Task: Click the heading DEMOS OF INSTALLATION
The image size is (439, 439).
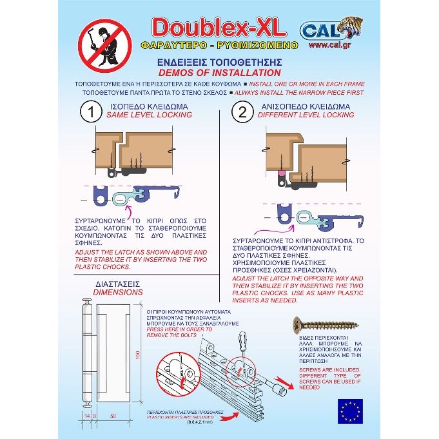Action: pyautogui.click(x=219, y=73)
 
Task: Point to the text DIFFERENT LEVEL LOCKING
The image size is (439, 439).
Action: pyautogui.click(x=306, y=115)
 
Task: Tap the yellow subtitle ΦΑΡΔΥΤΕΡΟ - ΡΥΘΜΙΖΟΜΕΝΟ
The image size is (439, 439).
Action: pyautogui.click(x=219, y=46)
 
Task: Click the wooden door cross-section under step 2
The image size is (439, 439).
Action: pyautogui.click(x=303, y=151)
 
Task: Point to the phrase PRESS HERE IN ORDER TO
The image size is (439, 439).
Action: pyautogui.click(x=177, y=328)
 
